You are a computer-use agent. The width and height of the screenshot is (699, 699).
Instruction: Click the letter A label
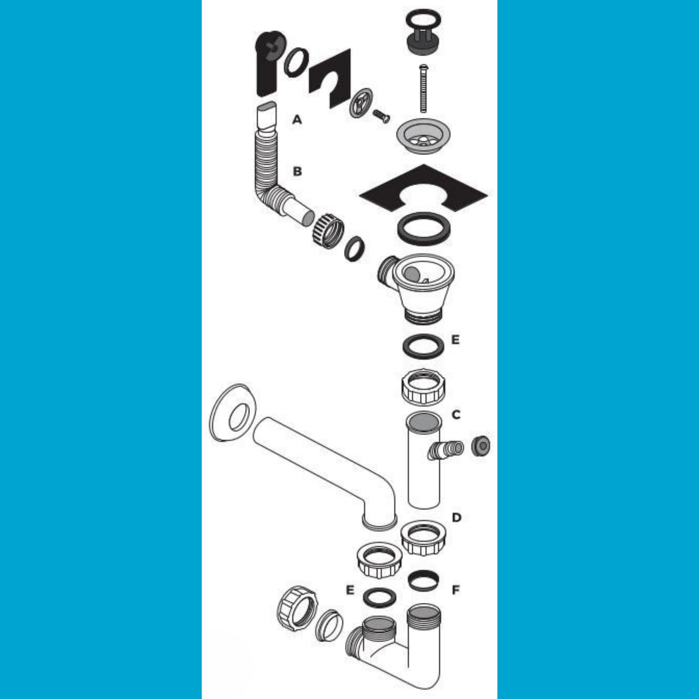tap(297, 120)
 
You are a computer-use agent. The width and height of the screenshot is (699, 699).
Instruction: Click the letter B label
tap(297, 171)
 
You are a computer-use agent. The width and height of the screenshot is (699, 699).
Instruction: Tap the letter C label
tap(456, 415)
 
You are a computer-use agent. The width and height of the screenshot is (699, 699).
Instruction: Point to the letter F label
tap(456, 590)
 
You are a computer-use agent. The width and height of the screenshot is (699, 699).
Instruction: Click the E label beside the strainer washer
tap(455, 340)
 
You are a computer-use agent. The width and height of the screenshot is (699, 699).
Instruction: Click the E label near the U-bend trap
tap(349, 590)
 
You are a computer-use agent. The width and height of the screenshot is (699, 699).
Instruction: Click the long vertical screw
tap(423, 88)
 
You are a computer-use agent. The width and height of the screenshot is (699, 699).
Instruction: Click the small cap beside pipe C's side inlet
tap(481, 446)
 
